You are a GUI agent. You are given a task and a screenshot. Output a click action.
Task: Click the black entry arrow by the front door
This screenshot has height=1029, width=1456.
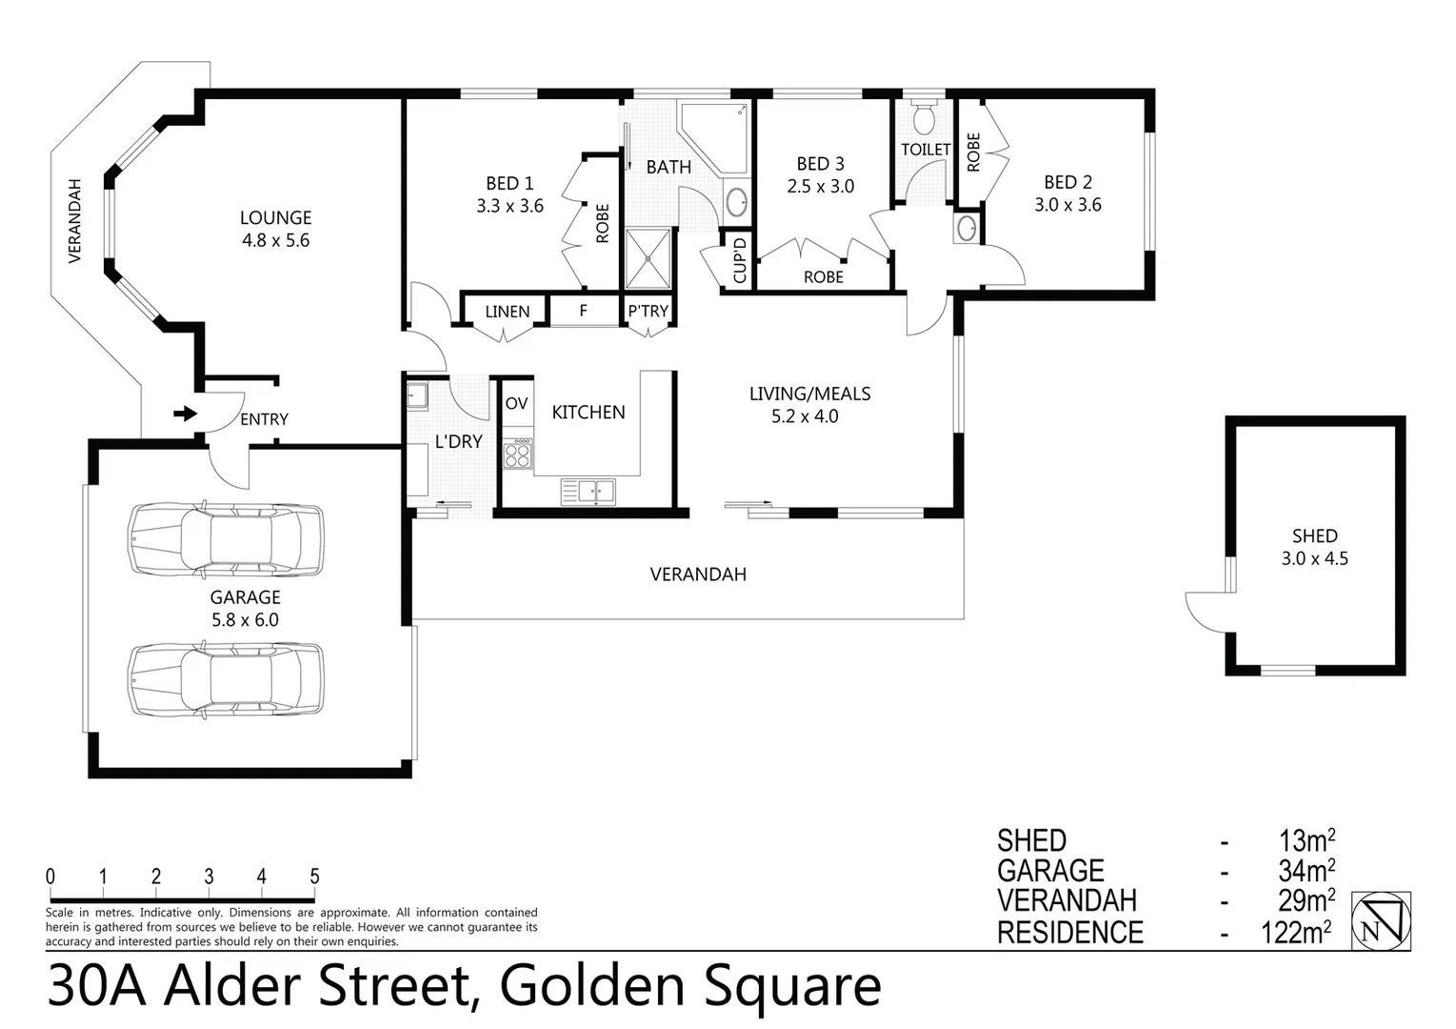coord(185,414)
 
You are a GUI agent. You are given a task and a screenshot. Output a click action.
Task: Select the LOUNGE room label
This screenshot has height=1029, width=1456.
coord(275,218)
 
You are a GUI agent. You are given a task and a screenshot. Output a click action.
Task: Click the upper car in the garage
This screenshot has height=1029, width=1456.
coord(226,540)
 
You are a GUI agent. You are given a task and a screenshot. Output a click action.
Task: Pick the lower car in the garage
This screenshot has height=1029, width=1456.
coord(226,679)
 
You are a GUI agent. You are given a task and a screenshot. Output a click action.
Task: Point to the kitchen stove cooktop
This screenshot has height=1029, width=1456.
coord(518,454)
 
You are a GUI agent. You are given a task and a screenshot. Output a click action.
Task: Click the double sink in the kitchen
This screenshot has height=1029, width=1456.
coord(588,492)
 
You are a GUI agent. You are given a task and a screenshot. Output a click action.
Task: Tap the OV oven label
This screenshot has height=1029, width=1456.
coord(516,404)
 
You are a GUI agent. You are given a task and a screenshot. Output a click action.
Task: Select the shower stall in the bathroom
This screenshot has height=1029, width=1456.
coord(648,257)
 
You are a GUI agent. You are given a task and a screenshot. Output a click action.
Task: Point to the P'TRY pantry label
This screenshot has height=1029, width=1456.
coord(648,312)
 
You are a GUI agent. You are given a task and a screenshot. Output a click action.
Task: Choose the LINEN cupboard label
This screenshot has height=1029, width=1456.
coord(507,312)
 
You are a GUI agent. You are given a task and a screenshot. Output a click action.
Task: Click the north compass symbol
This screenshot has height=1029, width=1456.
coord(1381,921)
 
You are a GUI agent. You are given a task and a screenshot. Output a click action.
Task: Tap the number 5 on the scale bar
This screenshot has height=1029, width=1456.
coord(314,877)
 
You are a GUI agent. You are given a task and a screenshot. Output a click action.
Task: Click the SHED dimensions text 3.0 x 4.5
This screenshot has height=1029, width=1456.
coord(1314,559)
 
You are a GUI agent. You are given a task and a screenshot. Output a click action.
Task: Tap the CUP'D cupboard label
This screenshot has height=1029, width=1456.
coord(740,260)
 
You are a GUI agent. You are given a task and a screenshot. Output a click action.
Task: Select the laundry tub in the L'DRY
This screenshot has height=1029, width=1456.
coord(417,395)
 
